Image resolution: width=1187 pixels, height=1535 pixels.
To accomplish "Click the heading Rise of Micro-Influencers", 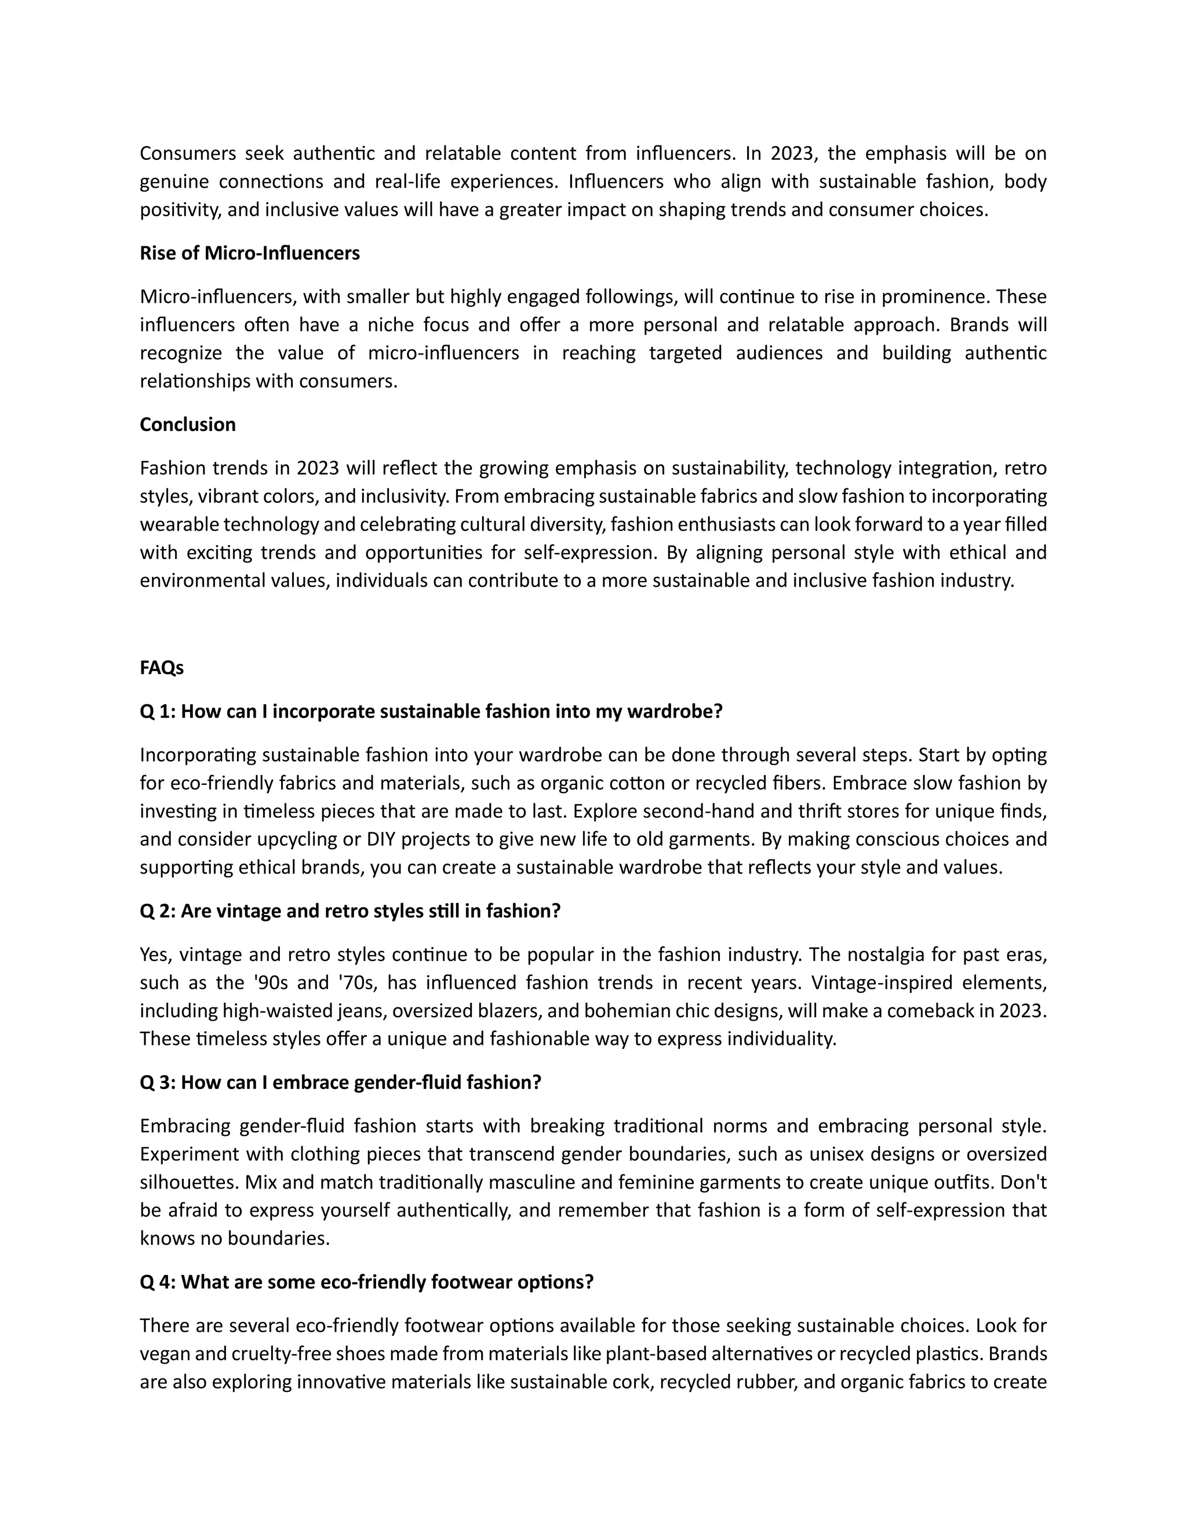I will tap(250, 253).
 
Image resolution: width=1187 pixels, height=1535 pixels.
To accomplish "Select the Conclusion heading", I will tap(188, 425).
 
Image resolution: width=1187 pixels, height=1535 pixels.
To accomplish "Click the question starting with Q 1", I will tap(431, 711).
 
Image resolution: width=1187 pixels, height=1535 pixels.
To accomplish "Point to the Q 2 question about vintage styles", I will tap(350, 911).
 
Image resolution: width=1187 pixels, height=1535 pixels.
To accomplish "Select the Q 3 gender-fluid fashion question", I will tap(340, 1083).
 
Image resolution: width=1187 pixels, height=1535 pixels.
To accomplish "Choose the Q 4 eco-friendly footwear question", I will tap(366, 1282).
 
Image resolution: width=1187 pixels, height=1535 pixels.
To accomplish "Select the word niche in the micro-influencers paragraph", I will tap(390, 325).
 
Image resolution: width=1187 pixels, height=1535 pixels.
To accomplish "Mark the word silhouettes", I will tap(188, 1182).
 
